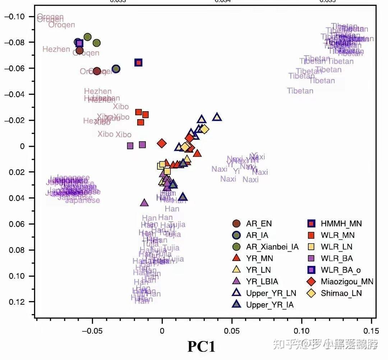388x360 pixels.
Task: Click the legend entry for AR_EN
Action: coord(259,224)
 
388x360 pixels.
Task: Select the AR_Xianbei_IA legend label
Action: coord(272,247)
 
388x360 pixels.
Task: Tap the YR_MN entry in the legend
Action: coord(259,258)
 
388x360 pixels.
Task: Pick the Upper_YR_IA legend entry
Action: coord(270,305)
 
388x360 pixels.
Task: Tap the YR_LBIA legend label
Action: coord(262,281)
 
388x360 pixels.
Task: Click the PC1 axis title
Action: coord(201,346)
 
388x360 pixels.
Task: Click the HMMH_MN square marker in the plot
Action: coord(138,62)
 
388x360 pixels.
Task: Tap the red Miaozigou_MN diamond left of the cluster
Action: coord(162,144)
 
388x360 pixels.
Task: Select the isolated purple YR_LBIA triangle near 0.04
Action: coord(144,203)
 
